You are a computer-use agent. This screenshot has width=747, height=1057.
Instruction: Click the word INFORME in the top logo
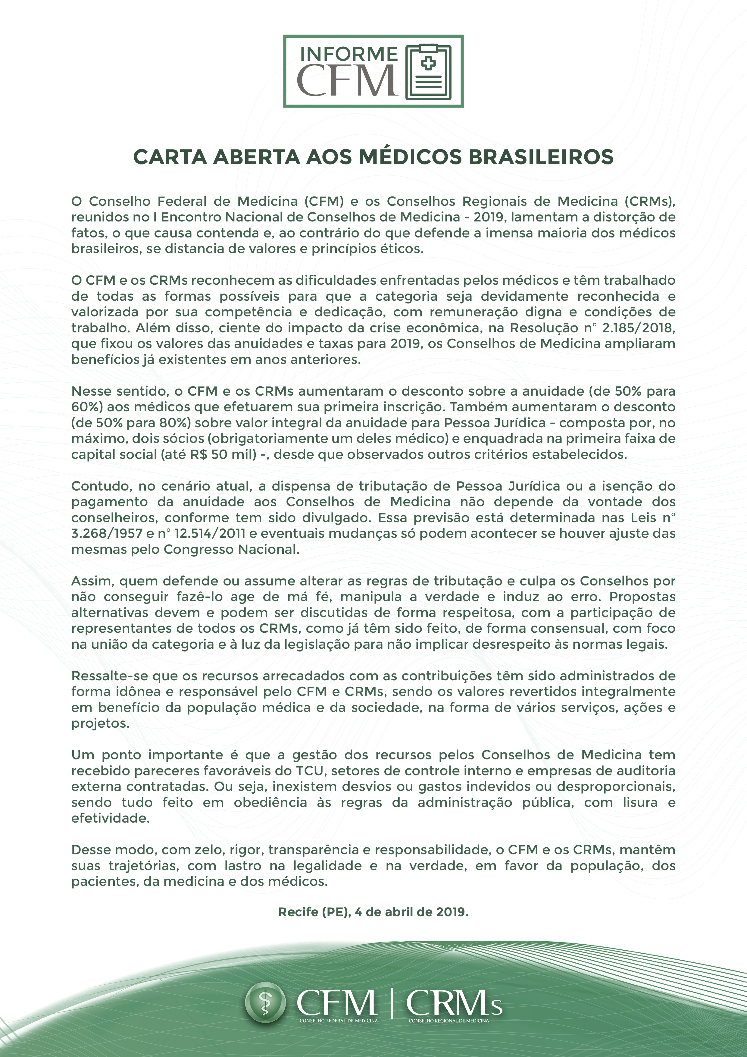point(348,54)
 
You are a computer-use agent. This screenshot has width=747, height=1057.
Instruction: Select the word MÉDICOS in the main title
point(410,157)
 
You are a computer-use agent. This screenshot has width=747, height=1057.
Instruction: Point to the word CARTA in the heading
point(170,157)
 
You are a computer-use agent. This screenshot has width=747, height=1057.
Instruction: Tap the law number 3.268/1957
point(107,534)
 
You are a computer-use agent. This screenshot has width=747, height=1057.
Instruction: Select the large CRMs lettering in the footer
point(453,1003)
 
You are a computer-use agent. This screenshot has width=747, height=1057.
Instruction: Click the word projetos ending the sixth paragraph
point(100,723)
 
